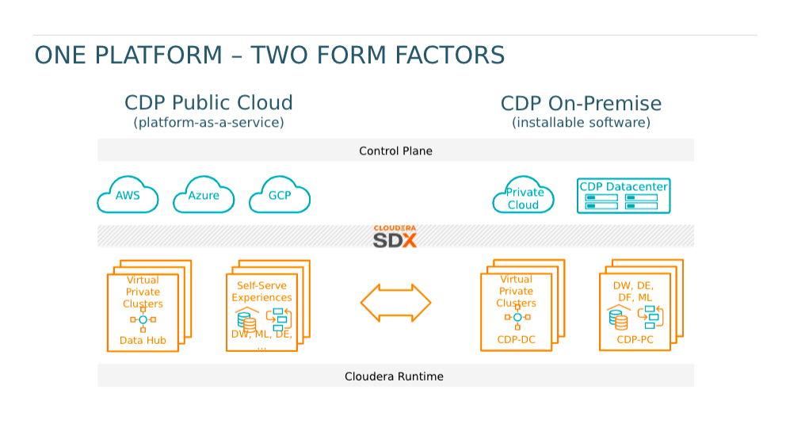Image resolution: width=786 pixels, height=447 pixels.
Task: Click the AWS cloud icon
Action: coord(128,195)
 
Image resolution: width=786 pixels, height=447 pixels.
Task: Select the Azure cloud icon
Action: coord(204,195)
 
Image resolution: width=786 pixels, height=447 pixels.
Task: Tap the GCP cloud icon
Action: coord(280,195)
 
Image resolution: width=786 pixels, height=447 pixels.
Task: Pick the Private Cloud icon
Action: coord(523,195)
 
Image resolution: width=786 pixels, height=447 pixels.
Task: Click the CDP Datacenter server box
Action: coord(624,196)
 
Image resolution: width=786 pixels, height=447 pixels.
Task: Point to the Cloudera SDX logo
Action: coord(395,236)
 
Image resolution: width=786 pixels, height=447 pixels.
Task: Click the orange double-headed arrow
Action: coord(395,303)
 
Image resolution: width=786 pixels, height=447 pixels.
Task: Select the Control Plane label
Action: coord(395,151)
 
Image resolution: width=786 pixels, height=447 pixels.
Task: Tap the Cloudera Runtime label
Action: coord(394,376)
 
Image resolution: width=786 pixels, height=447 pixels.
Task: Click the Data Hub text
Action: coord(143,340)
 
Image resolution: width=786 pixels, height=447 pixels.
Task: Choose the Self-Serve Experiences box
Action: coord(268,305)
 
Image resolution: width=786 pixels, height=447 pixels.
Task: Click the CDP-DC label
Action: coord(517,340)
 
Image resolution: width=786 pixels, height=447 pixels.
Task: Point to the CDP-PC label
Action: coord(635,340)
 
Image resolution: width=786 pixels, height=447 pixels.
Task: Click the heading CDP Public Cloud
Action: coord(208,103)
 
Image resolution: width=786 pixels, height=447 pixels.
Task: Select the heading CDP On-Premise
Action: coord(581,103)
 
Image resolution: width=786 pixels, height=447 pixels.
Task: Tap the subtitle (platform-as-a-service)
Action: coord(208,122)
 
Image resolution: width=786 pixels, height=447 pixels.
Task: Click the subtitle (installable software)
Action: coord(581,122)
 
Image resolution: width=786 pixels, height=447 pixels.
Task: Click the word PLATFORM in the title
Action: coord(158,55)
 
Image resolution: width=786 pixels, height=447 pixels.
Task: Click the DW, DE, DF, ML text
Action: coord(634,292)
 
